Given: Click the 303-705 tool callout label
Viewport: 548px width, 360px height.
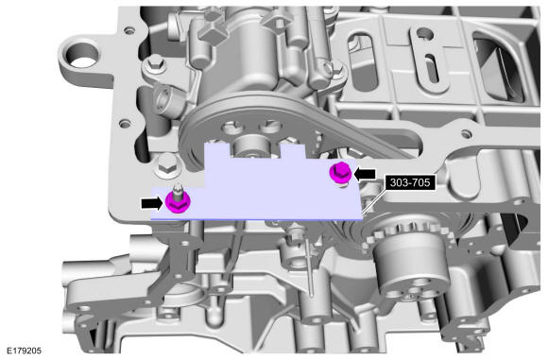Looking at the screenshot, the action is [x=410, y=182].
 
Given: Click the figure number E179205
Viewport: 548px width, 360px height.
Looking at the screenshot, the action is [x=25, y=351].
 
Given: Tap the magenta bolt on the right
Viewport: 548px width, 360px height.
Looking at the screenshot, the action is [x=341, y=172].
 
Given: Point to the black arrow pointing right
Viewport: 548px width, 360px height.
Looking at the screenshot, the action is [x=152, y=203].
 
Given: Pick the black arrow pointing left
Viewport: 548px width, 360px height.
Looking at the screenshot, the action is [x=366, y=174].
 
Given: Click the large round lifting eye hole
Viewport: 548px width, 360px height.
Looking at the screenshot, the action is [x=82, y=57].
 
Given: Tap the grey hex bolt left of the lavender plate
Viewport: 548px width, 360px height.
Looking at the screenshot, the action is [x=167, y=165].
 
